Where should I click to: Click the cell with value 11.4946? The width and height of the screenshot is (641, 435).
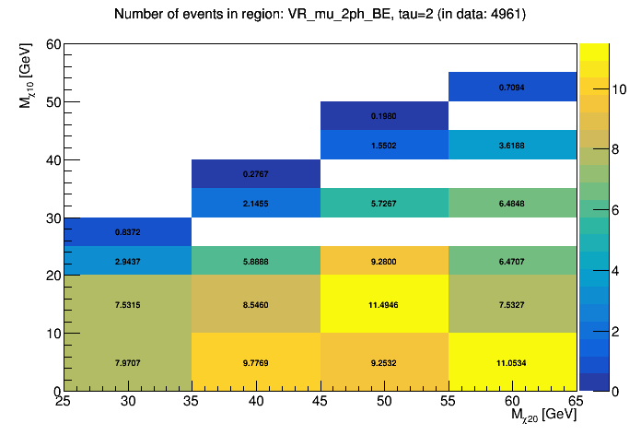(x=384, y=304)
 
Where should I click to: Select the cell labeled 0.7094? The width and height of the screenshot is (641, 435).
(x=512, y=87)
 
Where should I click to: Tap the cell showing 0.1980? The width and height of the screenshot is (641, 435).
(x=384, y=116)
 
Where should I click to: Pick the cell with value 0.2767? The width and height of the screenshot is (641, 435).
(x=256, y=173)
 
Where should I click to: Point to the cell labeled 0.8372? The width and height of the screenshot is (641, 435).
(x=128, y=231)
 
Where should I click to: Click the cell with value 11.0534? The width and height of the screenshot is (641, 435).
(x=512, y=362)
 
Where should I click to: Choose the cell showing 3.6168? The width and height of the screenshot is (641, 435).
(x=512, y=145)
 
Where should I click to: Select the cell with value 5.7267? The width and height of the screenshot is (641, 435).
(x=384, y=203)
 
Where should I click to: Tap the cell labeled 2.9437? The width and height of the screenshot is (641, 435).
(x=128, y=261)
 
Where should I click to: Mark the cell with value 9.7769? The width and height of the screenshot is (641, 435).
(x=256, y=362)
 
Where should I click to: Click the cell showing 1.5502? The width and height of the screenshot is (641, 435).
(x=384, y=145)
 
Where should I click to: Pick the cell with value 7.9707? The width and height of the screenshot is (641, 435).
(x=128, y=362)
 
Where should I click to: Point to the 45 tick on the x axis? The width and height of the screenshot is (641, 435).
(x=320, y=402)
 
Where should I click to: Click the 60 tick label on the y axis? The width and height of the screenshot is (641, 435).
(x=52, y=44)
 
